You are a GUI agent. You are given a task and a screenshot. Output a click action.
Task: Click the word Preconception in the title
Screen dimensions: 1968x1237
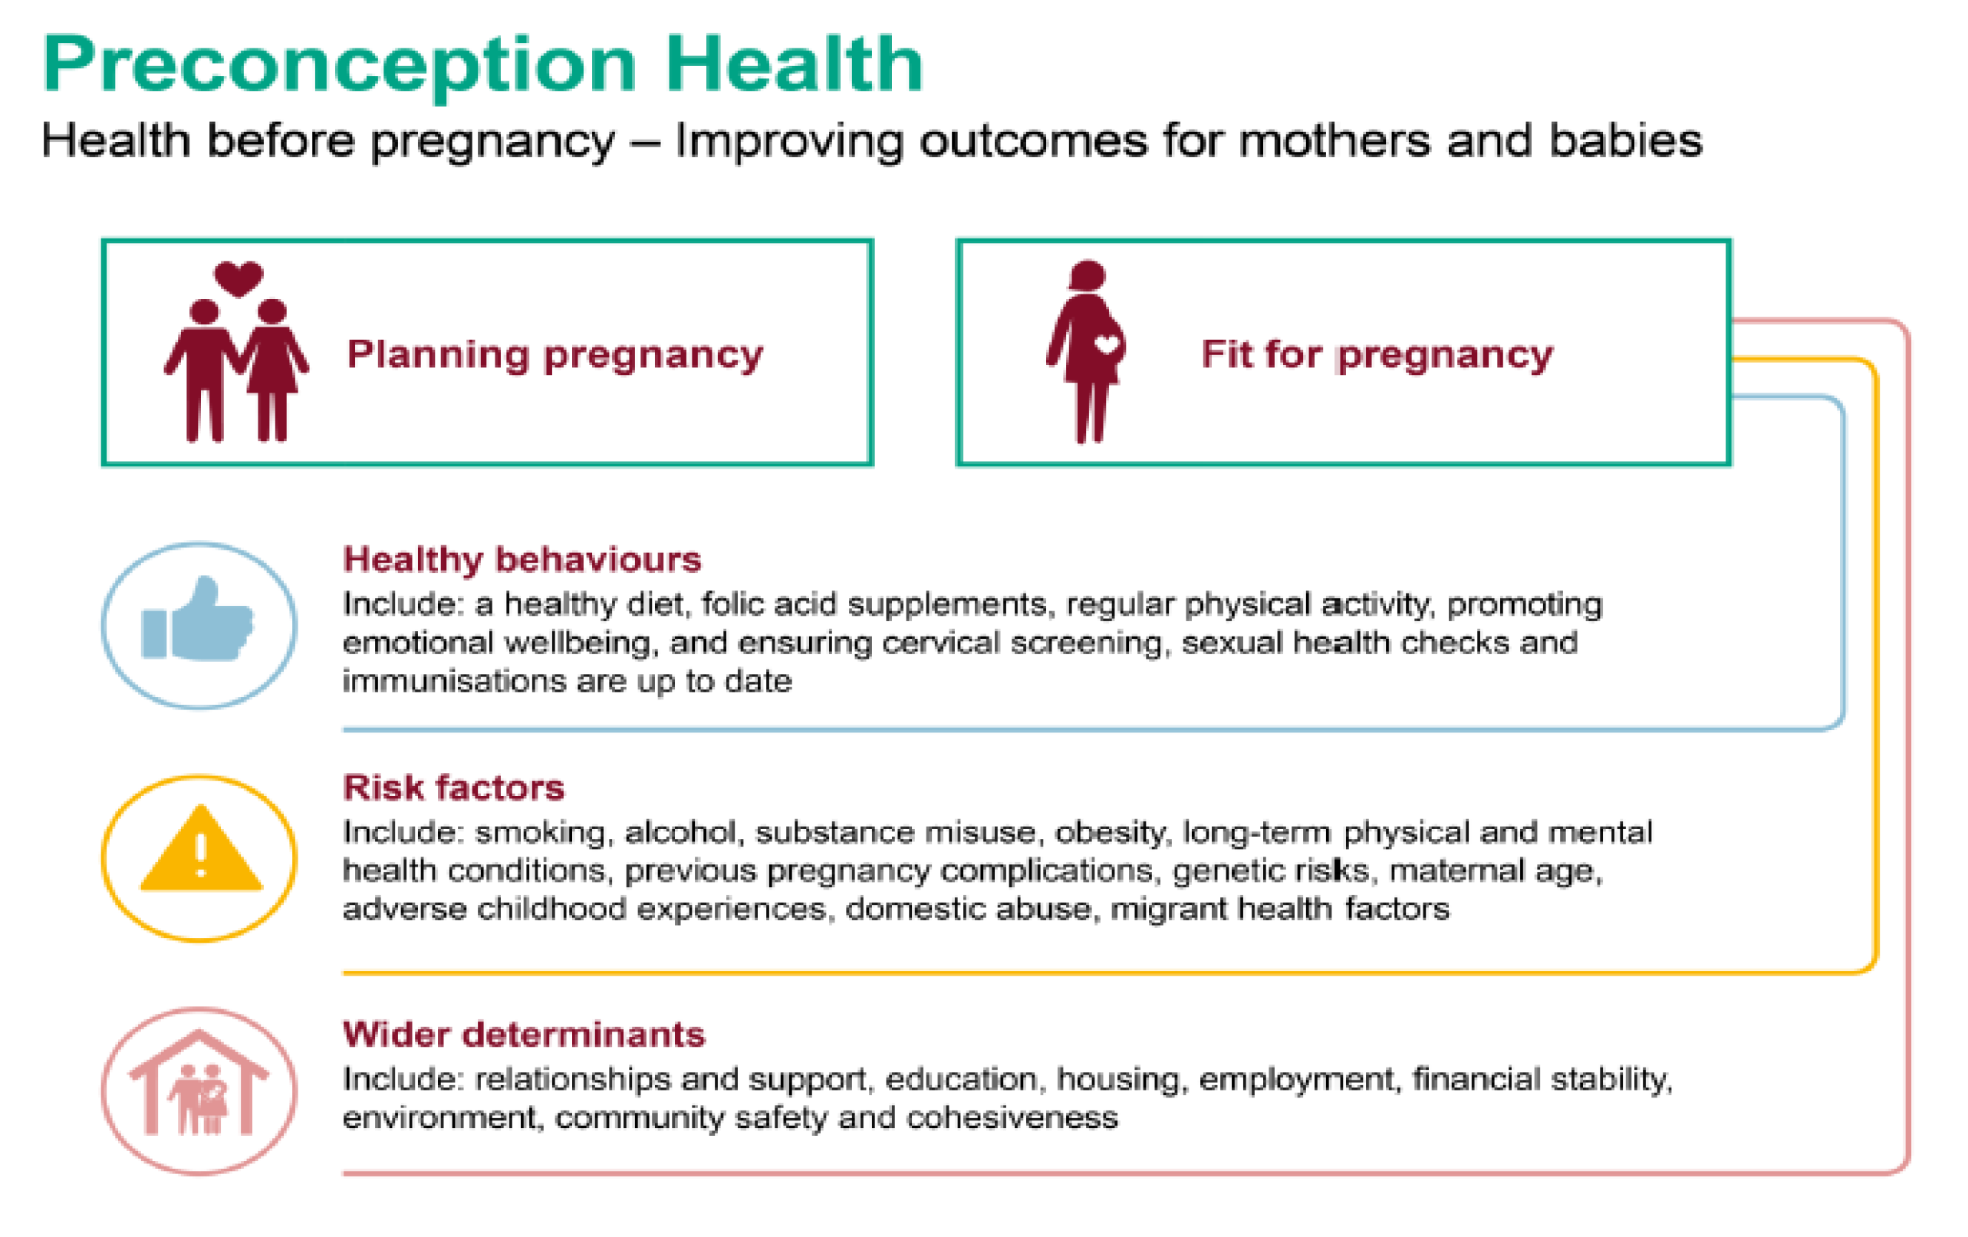pos(339,65)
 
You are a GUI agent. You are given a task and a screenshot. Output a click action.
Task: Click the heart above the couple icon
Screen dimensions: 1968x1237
pos(239,278)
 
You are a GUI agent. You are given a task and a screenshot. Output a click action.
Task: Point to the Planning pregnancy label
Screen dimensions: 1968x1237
pos(555,355)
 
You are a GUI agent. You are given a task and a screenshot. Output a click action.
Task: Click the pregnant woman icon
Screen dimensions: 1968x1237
pos(1086,352)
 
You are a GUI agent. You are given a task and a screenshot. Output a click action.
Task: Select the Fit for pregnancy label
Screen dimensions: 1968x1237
pos(1377,355)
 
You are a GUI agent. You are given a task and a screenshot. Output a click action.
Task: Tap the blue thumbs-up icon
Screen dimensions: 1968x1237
pos(198,620)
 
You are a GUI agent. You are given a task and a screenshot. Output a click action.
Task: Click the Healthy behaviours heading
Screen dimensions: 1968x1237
pos(522,560)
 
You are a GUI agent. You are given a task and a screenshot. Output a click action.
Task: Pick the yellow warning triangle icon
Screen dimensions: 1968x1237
pos(201,848)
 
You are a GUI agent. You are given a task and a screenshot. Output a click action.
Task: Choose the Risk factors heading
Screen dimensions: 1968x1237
pos(453,788)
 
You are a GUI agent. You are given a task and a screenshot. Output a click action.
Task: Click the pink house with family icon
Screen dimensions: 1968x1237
pos(199,1083)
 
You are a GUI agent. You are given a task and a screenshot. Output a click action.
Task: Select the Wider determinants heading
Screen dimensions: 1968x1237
pos(524,1035)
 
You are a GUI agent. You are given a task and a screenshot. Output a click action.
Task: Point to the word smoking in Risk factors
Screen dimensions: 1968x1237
pos(540,833)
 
